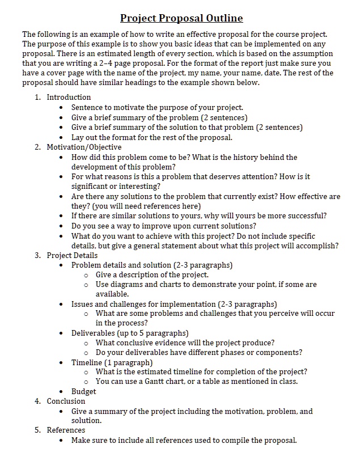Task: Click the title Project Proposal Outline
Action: click(x=181, y=18)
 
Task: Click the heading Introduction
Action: click(x=69, y=97)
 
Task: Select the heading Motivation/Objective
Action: click(x=84, y=147)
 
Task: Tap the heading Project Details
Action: click(x=72, y=255)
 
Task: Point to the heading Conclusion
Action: click(x=66, y=401)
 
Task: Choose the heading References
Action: click(x=66, y=430)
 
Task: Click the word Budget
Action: click(x=83, y=391)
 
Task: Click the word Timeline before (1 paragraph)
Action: click(x=87, y=362)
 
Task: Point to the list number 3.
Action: click(x=37, y=255)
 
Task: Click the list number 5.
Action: click(x=37, y=430)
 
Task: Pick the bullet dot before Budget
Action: click(x=61, y=392)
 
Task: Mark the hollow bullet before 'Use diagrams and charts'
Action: click(x=86, y=285)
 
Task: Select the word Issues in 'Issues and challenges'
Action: click(x=82, y=304)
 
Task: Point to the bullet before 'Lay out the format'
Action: click(x=61, y=138)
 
